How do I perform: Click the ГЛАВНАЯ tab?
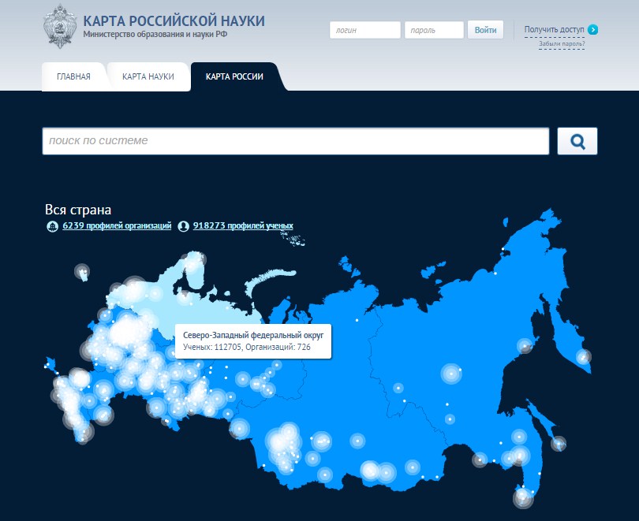[73, 76]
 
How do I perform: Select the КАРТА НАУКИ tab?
[148, 76]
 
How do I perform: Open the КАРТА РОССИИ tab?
[234, 76]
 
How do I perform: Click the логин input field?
[365, 30]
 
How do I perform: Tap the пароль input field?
[434, 30]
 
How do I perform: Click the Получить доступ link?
[554, 29]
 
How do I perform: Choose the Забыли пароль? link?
[562, 43]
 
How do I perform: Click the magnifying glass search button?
[577, 141]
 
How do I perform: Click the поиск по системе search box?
[295, 141]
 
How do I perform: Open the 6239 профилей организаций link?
[116, 226]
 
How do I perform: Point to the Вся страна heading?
[79, 210]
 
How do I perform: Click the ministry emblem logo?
[60, 24]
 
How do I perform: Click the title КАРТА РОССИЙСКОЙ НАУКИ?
[174, 20]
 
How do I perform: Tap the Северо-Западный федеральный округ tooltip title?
[253, 335]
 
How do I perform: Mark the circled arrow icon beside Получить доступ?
[593, 29]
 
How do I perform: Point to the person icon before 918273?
[184, 226]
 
